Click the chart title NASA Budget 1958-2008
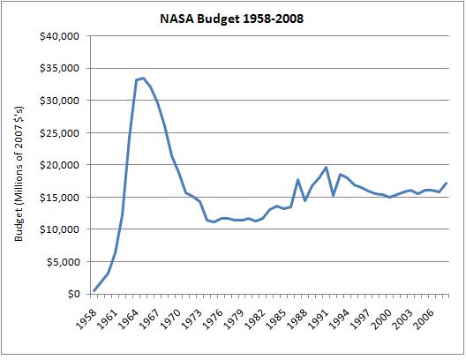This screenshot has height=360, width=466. (231, 19)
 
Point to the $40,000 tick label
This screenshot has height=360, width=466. (60, 36)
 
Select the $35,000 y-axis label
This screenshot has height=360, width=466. (60, 68)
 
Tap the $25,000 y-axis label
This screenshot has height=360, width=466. (60, 132)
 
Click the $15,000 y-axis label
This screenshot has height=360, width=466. (60, 198)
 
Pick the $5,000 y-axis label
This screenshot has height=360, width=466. (63, 262)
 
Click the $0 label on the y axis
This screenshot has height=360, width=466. (74, 294)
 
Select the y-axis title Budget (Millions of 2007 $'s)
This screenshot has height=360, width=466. (19, 174)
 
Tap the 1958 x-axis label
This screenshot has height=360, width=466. (86, 319)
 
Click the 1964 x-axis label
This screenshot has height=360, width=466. (128, 319)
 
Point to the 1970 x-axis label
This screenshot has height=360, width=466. (170, 319)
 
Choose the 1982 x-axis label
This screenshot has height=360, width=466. (255, 319)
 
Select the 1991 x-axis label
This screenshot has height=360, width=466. (319, 319)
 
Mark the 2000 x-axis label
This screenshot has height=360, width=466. (382, 319)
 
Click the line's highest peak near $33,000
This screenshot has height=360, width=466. (143, 79)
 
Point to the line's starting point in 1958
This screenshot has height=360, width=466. (94, 291)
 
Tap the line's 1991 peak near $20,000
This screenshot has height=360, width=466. (326, 168)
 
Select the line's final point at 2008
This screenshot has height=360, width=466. (446, 183)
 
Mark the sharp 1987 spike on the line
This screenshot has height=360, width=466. (297, 179)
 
